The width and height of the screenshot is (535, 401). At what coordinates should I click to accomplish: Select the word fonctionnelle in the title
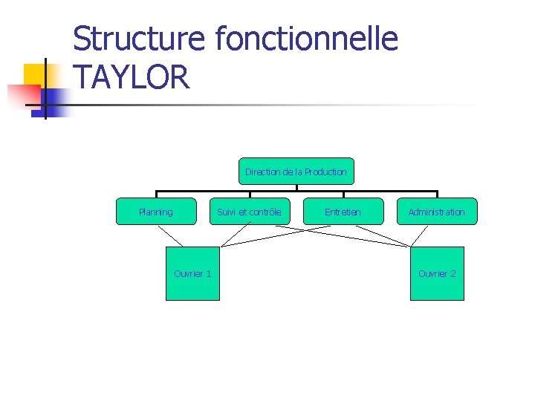click(307, 39)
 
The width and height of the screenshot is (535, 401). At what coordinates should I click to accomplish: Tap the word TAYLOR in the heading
click(132, 76)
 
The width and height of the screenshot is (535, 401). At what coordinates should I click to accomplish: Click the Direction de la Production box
click(296, 172)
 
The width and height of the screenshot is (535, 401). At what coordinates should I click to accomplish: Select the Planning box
click(156, 212)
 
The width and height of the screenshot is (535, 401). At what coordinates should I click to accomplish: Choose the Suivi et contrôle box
click(249, 212)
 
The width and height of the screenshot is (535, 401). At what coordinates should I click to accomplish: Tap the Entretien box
click(343, 212)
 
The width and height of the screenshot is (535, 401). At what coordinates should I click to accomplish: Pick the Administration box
click(436, 212)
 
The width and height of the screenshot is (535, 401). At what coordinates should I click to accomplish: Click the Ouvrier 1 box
click(192, 273)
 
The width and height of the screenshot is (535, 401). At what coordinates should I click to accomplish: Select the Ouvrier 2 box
click(437, 273)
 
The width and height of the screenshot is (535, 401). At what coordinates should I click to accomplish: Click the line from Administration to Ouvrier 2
click(420, 235)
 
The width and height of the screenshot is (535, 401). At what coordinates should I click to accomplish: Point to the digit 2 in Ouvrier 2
click(453, 273)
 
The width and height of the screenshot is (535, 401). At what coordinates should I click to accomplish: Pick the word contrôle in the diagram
click(265, 212)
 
